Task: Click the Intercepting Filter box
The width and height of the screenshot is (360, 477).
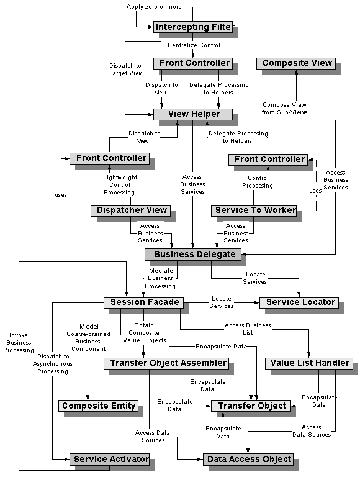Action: pos(193,27)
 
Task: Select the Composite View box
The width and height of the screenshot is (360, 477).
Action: pos(297,63)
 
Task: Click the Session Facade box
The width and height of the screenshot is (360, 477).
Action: pos(143,302)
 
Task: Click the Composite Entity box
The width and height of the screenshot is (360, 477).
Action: pos(98,406)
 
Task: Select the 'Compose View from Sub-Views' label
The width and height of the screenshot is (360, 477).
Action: pos(284,109)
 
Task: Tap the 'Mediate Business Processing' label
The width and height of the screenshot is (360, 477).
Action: pos(161,278)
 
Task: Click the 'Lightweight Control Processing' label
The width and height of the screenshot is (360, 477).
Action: pos(120,185)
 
